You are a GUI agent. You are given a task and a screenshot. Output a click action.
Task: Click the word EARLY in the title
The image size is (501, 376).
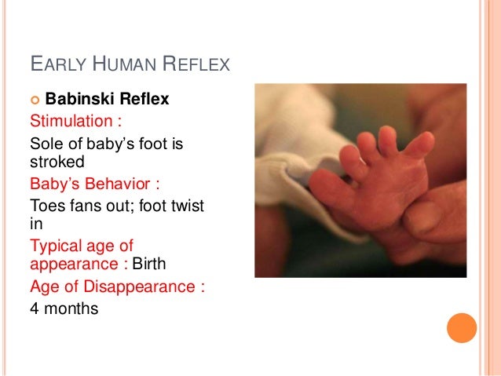click(x=56, y=64)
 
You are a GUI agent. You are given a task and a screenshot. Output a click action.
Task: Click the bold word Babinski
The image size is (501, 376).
click(x=81, y=100)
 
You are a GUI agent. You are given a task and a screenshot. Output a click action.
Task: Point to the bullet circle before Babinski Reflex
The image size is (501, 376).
click(x=35, y=100)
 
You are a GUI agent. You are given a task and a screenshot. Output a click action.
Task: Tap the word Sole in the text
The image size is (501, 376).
click(x=45, y=144)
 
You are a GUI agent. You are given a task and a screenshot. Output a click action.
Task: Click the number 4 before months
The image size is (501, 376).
click(x=35, y=308)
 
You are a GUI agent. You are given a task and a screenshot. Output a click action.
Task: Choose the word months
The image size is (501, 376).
click(x=71, y=308)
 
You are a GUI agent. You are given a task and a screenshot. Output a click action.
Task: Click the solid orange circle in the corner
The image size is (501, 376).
click(x=462, y=327)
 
